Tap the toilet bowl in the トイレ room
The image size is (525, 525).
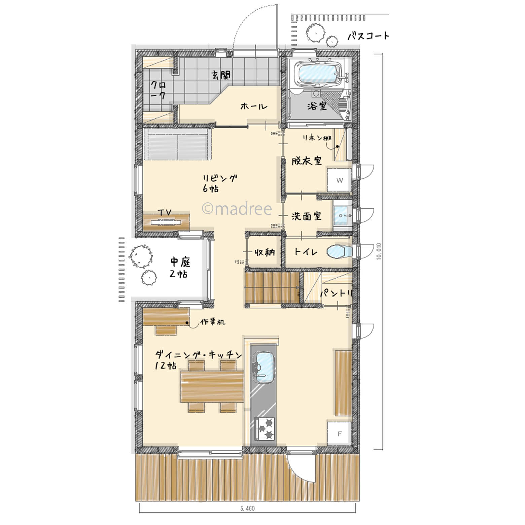(x=339, y=252)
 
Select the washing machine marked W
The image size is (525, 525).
(x=340, y=180)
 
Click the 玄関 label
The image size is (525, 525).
(x=221, y=75)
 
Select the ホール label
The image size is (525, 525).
(x=254, y=106)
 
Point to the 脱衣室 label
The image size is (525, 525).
(x=307, y=161)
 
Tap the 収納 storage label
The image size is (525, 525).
(x=265, y=252)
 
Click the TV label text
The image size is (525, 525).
(x=165, y=212)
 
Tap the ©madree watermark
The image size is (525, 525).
(x=236, y=209)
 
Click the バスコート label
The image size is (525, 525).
(x=368, y=35)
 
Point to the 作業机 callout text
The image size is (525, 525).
(x=213, y=322)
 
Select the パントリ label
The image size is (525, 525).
(x=336, y=293)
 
